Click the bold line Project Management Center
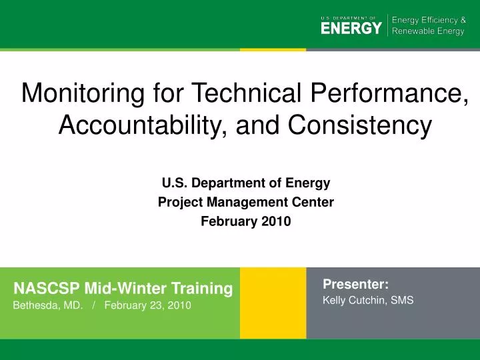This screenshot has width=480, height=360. pos(245,201)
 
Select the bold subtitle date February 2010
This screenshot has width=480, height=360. pos(245,222)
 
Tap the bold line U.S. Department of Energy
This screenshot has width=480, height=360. pos(245,181)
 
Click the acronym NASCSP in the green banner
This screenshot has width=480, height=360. pos(47,289)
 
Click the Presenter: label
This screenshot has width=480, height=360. pos(355,284)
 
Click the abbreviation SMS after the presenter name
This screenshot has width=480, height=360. pos(402,301)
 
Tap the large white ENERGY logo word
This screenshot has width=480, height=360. pos(351,29)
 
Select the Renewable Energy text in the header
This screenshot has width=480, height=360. pos(427,32)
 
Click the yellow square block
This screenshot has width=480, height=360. pos(273,303)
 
